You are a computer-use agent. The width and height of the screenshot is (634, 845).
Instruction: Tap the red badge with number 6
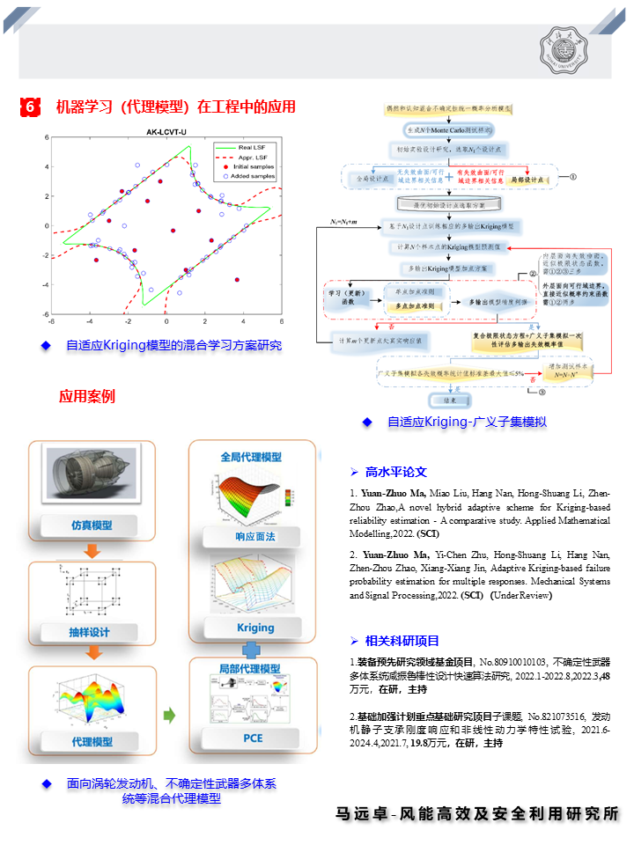30,107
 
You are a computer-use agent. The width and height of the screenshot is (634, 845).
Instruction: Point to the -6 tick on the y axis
46,313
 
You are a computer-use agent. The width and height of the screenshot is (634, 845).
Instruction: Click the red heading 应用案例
87,396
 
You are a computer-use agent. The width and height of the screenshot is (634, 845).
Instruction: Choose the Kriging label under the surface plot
255,628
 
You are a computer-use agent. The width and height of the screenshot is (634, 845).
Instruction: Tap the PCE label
254,738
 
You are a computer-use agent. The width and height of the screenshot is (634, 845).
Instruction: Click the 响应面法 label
255,536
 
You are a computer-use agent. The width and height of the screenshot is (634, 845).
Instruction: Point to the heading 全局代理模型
251,458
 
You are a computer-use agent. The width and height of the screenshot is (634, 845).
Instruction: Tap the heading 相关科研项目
402,640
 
